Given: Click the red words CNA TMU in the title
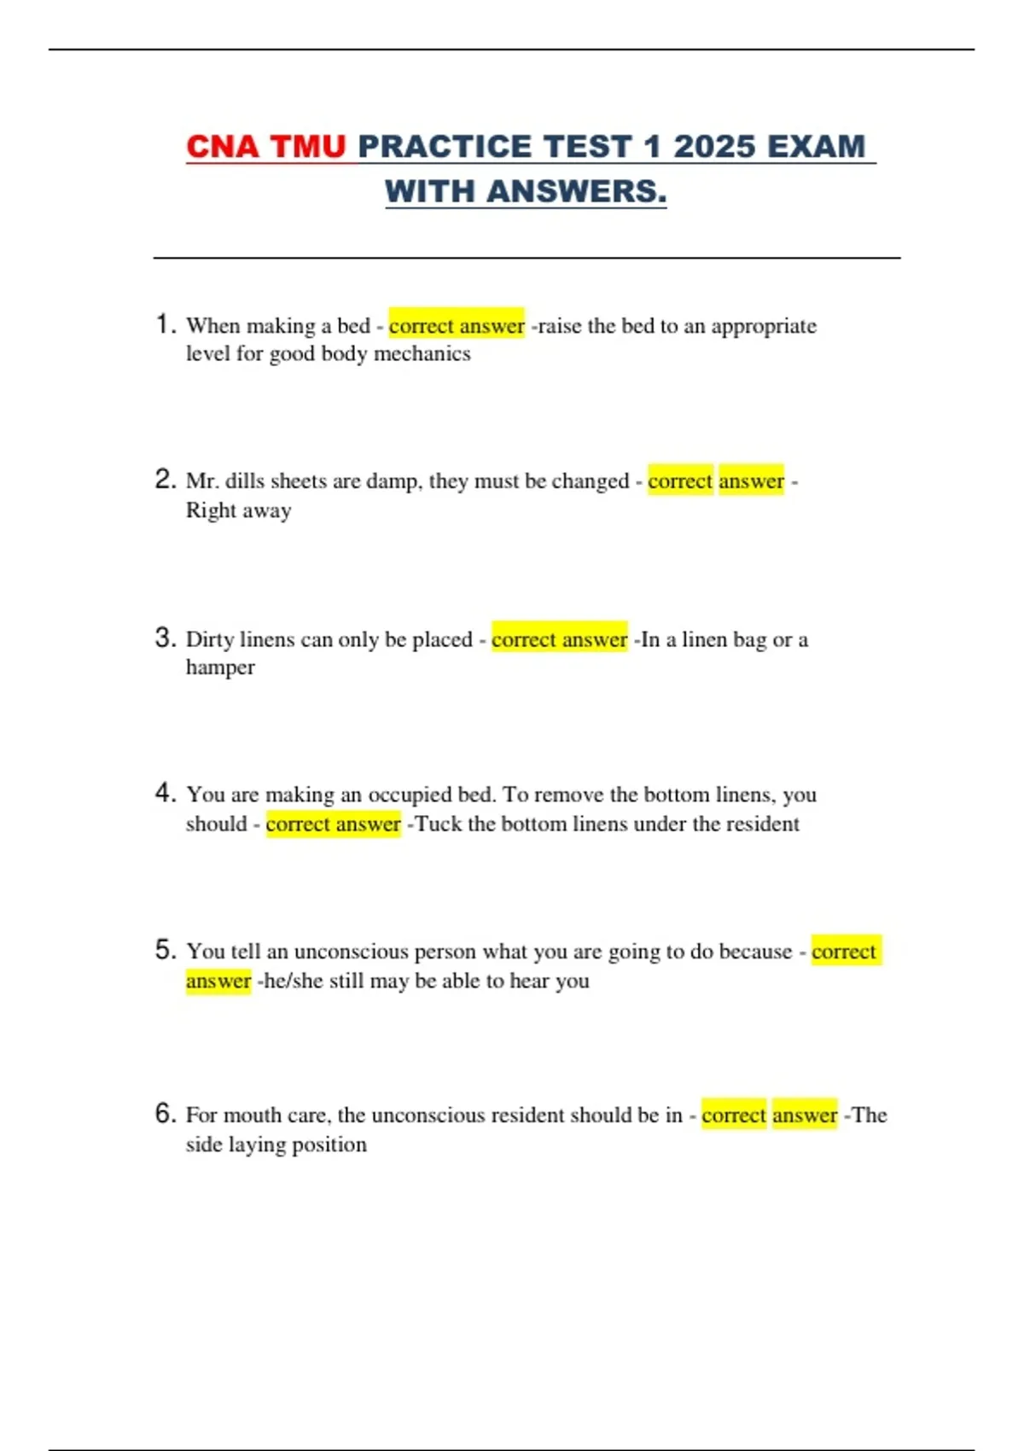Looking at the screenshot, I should click(265, 147).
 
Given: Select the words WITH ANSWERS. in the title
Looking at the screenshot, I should click(526, 191).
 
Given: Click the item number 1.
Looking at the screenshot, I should click(166, 324).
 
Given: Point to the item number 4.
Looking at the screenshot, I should click(166, 793).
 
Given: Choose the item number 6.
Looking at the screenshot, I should click(166, 1113).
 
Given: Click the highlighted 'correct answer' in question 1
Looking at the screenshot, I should click(457, 325).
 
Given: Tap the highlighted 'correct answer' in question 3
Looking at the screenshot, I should click(559, 639).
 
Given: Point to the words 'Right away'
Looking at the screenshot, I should click(239, 510).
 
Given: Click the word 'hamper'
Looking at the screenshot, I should click(220, 667).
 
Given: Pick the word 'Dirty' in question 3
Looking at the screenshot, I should click(210, 639).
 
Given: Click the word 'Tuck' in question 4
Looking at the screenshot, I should click(438, 824).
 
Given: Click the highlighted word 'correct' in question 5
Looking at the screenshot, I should click(844, 951).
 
